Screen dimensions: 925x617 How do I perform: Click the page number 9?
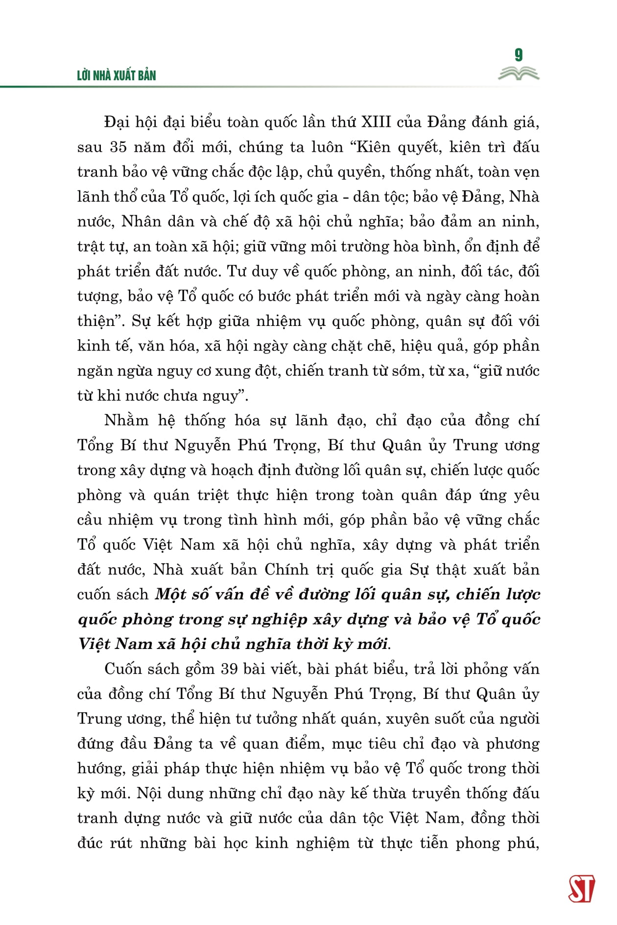pyautogui.click(x=519, y=55)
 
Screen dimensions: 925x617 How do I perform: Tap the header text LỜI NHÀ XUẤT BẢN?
pyautogui.click(x=117, y=75)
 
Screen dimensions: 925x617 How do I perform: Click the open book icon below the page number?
pyautogui.click(x=519, y=74)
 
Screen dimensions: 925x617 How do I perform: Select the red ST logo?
pyautogui.click(x=582, y=889)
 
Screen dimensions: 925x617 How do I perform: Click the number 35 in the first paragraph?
pyautogui.click(x=119, y=147)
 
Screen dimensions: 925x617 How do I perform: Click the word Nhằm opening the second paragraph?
pyautogui.click(x=126, y=420)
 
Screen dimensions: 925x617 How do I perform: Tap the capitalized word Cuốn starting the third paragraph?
pyautogui.click(x=125, y=669)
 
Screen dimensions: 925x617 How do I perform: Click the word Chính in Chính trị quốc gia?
pyautogui.click(x=286, y=569)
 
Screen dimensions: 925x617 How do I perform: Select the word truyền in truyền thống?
pyautogui.click(x=435, y=793)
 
